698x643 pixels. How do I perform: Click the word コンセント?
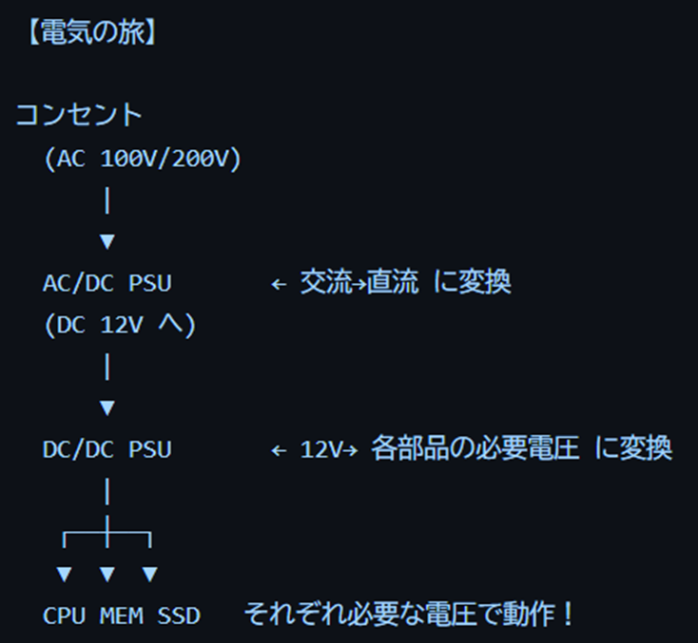[x=79, y=116]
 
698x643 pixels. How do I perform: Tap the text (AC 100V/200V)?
[x=143, y=160]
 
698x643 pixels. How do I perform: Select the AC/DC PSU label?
[x=107, y=283]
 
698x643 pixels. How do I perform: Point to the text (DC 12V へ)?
[x=119, y=325]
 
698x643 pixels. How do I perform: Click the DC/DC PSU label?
[x=107, y=448]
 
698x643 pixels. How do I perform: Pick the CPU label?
[x=64, y=615]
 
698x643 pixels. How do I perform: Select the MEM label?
[x=121, y=615]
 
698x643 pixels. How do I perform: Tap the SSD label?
[x=178, y=615]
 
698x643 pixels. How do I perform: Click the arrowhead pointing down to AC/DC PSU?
[x=107, y=242]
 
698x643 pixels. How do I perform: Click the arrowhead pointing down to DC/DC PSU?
[x=107, y=407]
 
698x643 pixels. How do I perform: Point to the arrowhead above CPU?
[x=64, y=574]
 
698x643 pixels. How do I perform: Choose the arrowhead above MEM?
[x=107, y=574]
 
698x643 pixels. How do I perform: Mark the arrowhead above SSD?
[x=149, y=574]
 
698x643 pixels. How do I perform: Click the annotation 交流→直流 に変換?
[x=405, y=283]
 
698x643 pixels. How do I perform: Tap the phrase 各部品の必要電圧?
[x=475, y=448]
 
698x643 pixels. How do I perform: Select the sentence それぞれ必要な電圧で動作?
[x=409, y=615]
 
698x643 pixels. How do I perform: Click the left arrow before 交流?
[x=279, y=284]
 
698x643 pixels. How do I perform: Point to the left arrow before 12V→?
[x=279, y=449]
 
